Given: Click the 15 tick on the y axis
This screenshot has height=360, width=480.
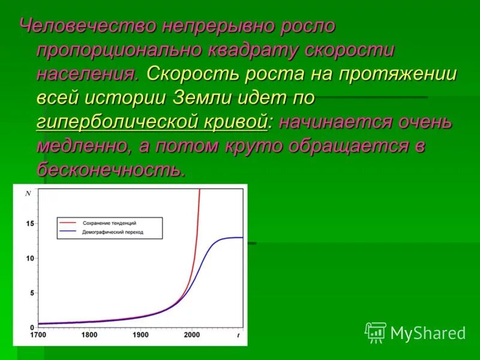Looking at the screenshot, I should tap(30, 223).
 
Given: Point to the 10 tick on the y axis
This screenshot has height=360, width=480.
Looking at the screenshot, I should tap(30, 258).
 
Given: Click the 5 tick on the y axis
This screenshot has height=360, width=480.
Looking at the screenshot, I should tap(31, 293).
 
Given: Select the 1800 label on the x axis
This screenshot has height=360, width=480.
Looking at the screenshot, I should tap(89, 335).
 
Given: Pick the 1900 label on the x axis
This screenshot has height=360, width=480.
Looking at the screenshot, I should tap(141, 335).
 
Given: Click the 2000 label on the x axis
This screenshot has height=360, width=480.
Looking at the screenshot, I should tap(193, 335).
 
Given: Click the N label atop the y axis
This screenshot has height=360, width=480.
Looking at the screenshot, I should tap(28, 193).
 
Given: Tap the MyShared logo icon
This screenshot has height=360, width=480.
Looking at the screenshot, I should tap(375, 332).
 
